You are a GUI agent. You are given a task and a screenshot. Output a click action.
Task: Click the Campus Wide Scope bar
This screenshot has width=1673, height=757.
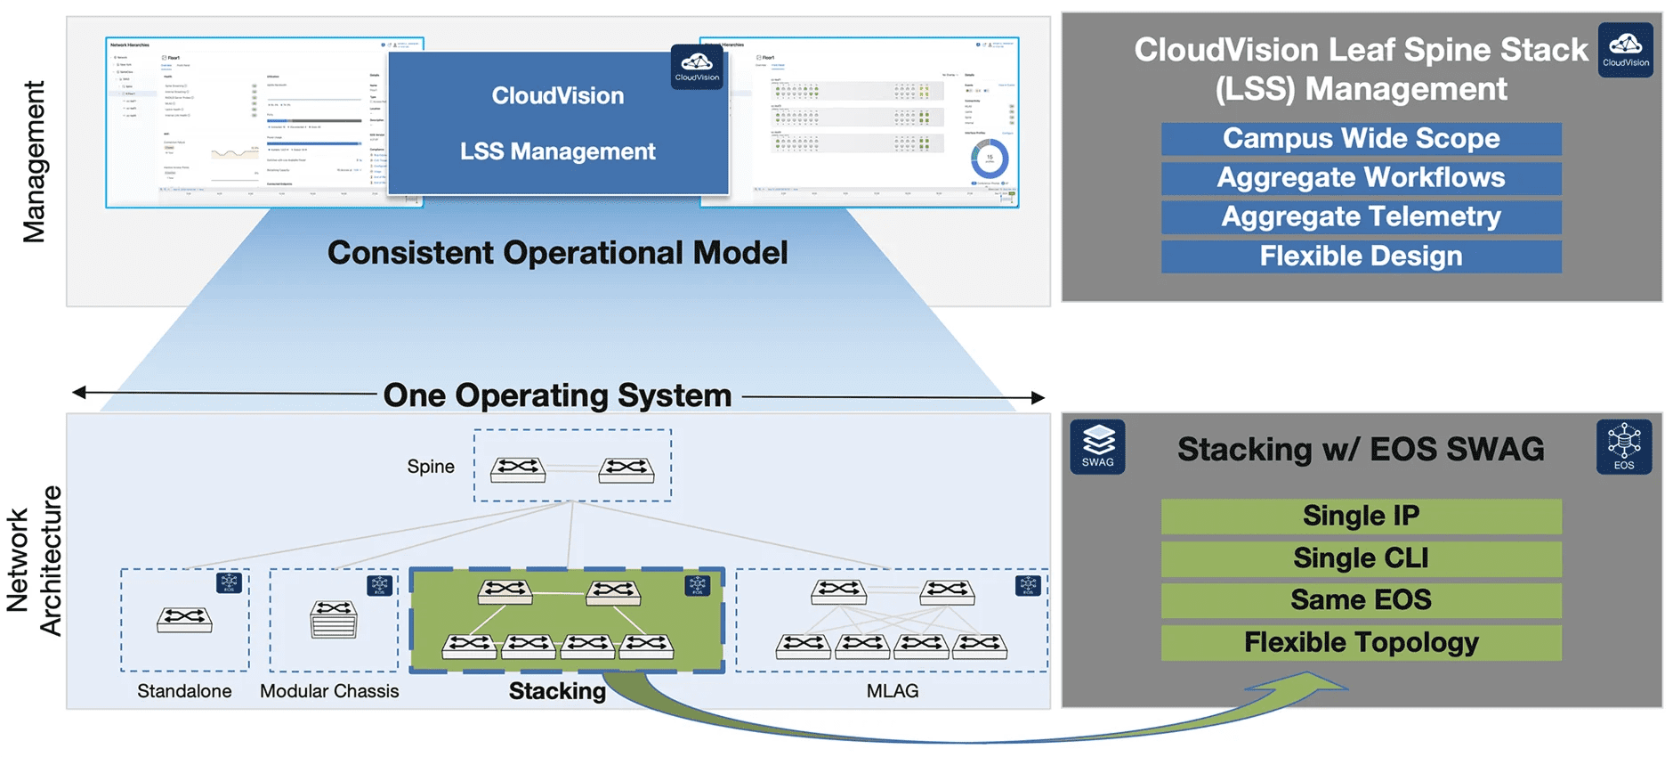point(1361,139)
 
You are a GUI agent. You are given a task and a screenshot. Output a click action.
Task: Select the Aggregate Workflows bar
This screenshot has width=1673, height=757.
point(1361,178)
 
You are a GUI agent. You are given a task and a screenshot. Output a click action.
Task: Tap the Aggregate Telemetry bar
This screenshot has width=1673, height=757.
point(1361,217)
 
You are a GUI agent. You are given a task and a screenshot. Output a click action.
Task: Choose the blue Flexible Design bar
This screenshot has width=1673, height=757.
point(1361,256)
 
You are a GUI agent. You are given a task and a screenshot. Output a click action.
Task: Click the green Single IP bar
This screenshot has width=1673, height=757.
point(1361,517)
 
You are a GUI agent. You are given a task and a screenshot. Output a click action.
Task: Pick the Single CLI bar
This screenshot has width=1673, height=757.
point(1361,558)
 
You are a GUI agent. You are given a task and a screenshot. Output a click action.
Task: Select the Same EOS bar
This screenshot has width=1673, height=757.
point(1361,600)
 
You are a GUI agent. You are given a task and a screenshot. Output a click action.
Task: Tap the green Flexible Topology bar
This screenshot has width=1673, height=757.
point(1361,643)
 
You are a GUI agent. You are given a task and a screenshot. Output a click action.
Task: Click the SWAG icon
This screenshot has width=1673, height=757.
point(1097,447)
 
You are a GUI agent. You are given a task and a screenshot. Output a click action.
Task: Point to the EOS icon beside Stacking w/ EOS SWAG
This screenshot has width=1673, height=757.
point(1624,447)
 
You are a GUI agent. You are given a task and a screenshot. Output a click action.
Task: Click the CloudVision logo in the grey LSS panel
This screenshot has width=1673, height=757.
point(1626,50)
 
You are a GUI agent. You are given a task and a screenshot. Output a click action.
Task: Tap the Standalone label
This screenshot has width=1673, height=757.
point(184,691)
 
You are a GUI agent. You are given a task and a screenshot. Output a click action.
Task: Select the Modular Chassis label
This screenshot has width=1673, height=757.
point(329,691)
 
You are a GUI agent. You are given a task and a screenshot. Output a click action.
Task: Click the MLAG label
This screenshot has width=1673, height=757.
point(893,691)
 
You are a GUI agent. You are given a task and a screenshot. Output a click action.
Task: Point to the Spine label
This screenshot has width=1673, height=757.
point(431,467)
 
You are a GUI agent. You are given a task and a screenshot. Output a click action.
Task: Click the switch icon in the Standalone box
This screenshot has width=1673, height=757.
point(184,619)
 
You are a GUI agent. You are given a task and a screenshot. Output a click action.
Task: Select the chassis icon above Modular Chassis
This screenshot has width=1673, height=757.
point(334,620)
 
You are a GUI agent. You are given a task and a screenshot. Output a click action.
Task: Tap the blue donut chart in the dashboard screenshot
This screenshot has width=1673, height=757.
point(990,159)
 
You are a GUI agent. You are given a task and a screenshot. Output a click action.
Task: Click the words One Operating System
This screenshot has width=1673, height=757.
point(557,395)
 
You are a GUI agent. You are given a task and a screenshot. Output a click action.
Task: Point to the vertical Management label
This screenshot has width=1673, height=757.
point(34,161)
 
